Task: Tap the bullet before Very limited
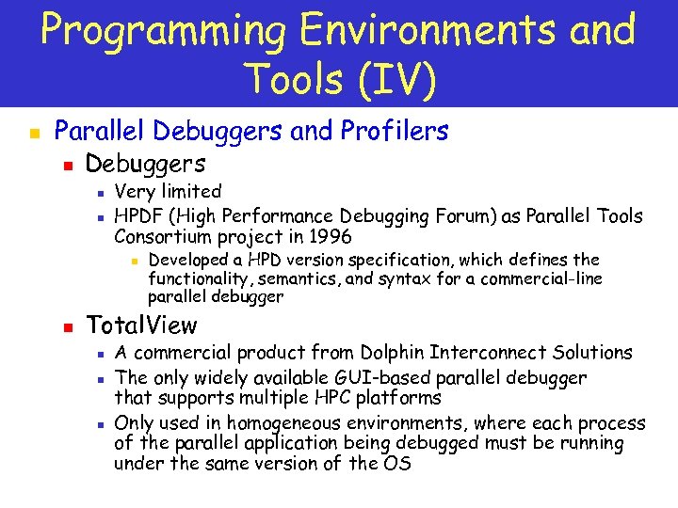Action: click(98, 193)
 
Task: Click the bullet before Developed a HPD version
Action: click(134, 261)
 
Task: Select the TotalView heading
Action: click(141, 325)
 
